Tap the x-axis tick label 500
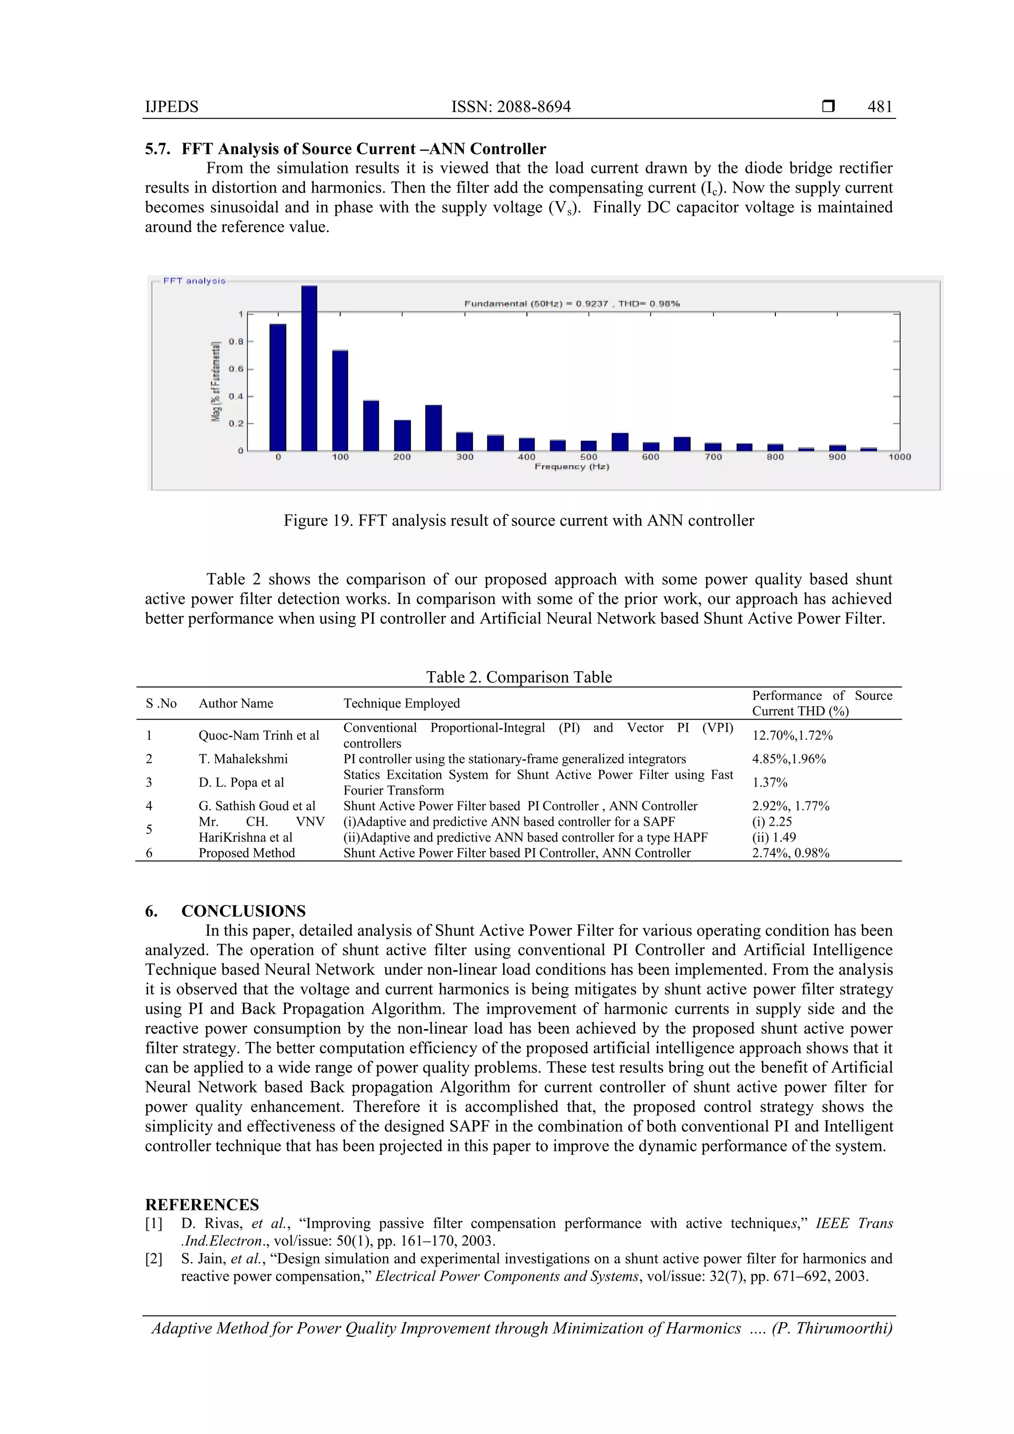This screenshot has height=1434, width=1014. point(589,457)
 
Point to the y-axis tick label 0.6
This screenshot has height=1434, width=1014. point(236,369)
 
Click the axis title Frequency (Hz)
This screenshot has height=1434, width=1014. point(572,467)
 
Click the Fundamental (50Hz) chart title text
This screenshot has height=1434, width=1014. point(571,303)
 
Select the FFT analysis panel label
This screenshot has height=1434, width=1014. point(194,281)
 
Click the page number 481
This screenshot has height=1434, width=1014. point(880,107)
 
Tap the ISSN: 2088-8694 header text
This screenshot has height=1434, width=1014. point(510,107)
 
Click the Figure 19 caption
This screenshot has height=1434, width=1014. point(518,520)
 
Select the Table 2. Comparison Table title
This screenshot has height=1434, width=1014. point(518,677)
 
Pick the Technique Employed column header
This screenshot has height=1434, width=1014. point(401,703)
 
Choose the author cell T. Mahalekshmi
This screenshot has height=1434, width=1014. point(243,759)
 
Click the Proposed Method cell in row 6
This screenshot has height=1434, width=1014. point(246,853)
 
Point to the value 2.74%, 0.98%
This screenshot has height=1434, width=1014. point(790,853)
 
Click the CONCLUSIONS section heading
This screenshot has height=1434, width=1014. point(243,911)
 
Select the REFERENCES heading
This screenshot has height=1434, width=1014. point(202,1205)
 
